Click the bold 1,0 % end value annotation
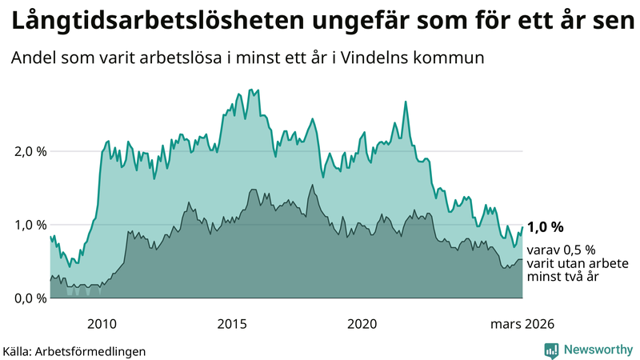(x=545, y=227)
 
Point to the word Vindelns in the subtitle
(x=388, y=58)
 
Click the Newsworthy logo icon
(x=552, y=350)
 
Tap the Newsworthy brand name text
(x=598, y=350)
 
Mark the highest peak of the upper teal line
(x=251, y=90)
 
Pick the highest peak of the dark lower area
(x=312, y=185)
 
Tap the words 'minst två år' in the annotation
(x=563, y=277)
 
